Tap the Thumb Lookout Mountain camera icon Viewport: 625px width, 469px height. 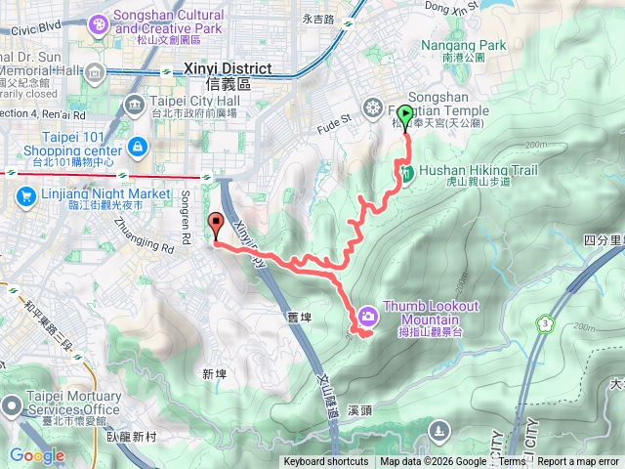tap(367, 315)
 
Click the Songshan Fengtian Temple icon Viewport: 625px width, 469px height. tap(372, 107)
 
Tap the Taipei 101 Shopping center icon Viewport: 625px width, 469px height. tap(137, 148)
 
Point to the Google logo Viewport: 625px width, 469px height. tap(36, 455)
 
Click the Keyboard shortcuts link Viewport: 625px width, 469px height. tap(326, 462)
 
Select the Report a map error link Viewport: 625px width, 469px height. tap(579, 462)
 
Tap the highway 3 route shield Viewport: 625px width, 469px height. tap(543, 323)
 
